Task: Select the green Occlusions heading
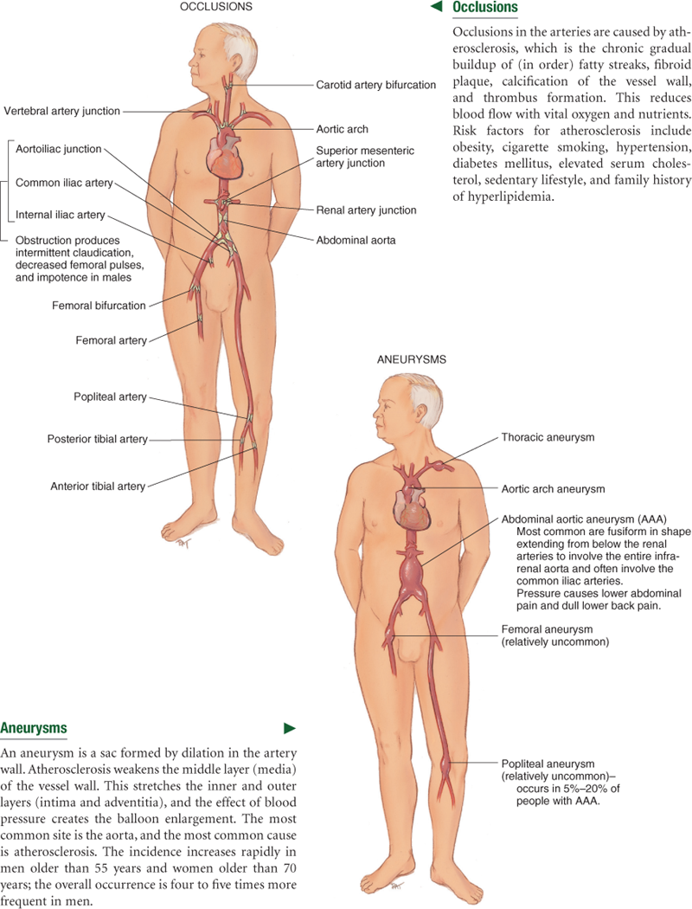(x=485, y=8)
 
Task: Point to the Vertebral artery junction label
(x=62, y=111)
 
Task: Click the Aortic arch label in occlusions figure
(x=343, y=129)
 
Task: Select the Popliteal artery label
(x=111, y=397)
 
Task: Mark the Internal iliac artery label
(x=61, y=214)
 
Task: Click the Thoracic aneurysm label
(x=548, y=438)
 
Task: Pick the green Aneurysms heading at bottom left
(x=34, y=728)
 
